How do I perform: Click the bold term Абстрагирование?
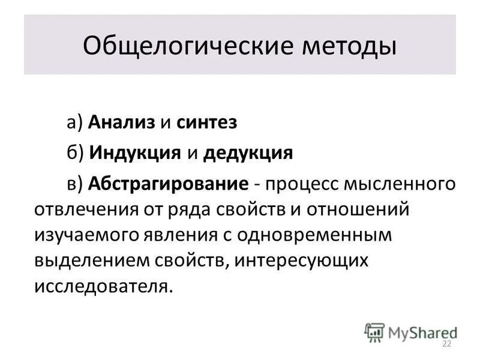tap(169, 183)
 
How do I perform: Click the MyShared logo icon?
tap(375, 332)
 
